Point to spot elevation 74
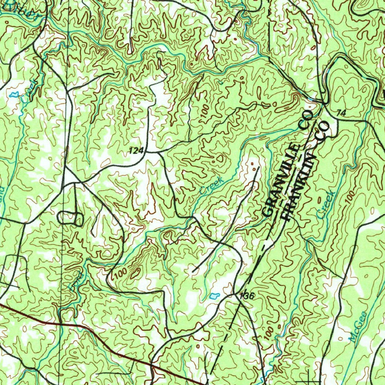click(341, 112)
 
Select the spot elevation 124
click(136, 151)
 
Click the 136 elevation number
click(247, 296)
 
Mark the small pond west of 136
click(214, 296)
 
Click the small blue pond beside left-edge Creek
click(14, 94)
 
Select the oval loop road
click(70, 218)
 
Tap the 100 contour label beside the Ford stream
click(120, 273)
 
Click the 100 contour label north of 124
click(205, 112)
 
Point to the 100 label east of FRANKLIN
click(350, 197)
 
